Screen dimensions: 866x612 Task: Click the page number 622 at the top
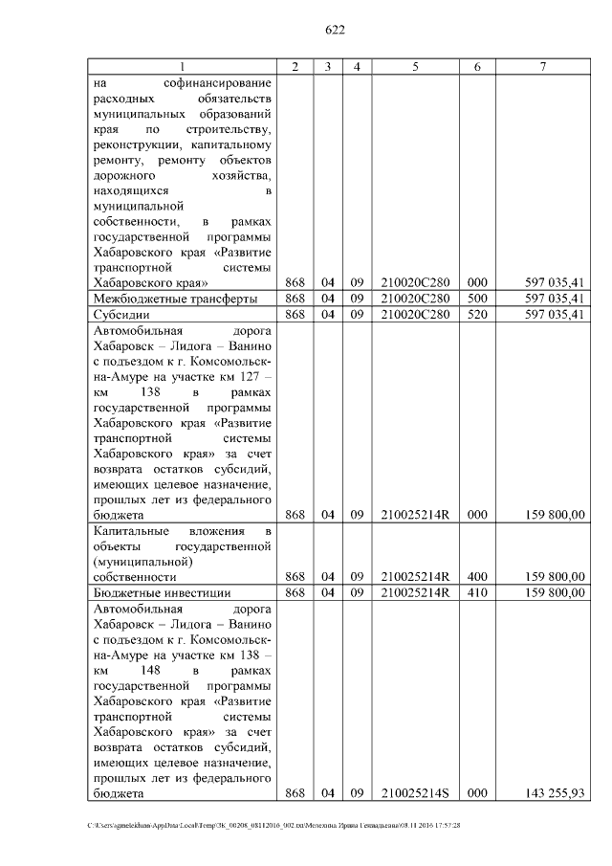tap(335, 30)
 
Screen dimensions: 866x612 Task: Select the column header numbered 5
tap(415, 66)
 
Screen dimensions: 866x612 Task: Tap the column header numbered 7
tap(542, 66)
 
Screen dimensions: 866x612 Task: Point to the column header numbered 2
tap(295, 66)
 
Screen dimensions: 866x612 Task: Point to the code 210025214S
tap(415, 793)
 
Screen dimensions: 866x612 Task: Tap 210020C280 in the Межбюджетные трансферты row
tap(415, 299)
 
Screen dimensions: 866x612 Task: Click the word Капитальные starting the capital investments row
tap(131, 530)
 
